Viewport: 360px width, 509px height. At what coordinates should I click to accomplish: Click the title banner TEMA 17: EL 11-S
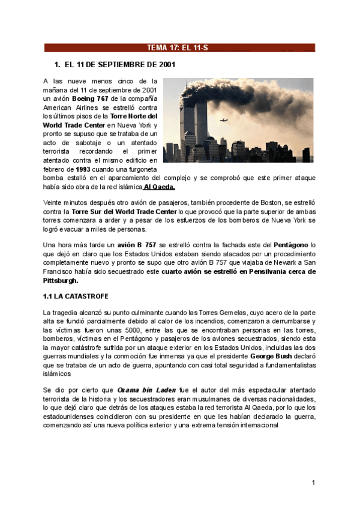tap(180, 47)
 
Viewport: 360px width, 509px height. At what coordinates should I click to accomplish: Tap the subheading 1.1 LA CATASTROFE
tap(76, 297)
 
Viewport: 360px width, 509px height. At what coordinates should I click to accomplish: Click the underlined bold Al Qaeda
tap(159, 187)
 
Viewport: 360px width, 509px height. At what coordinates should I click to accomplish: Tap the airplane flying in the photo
tap(224, 120)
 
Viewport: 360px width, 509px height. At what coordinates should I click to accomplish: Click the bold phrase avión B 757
tap(137, 245)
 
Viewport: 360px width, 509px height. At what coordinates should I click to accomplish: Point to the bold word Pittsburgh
tap(61, 280)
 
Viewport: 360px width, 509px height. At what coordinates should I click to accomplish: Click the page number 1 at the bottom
tap(313, 483)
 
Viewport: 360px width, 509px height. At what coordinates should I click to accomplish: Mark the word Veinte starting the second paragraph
tap(55, 203)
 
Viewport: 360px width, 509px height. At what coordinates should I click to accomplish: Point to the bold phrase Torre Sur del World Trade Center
tap(124, 212)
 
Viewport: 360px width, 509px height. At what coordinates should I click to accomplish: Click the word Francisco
tap(61, 272)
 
